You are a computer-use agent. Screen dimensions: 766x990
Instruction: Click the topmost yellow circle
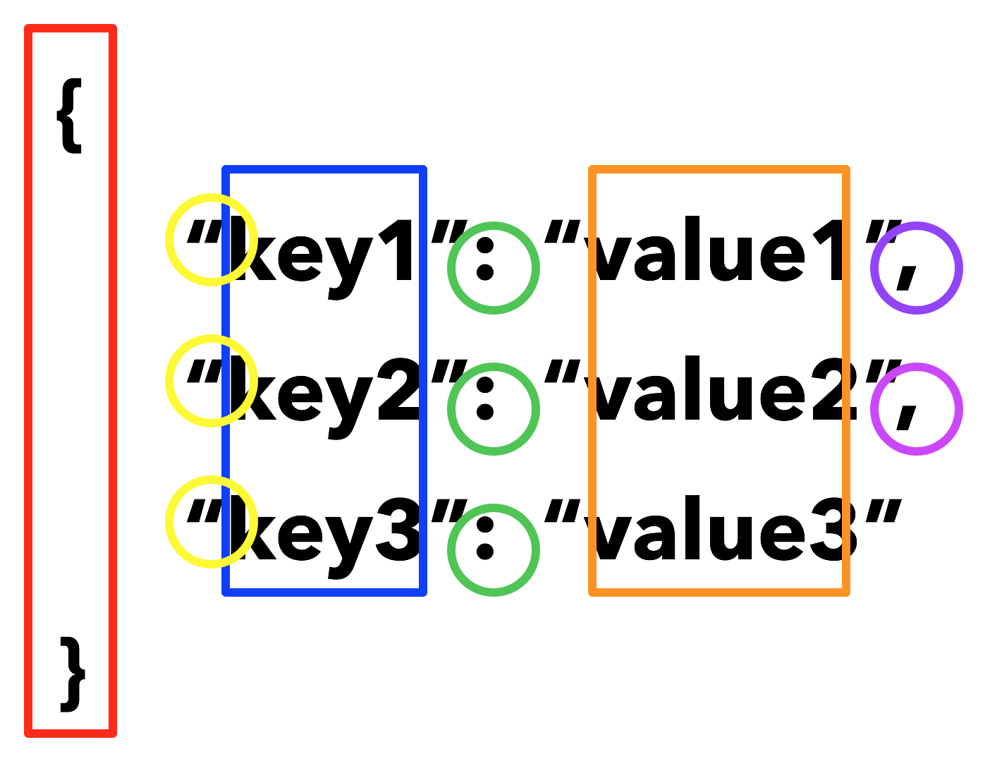click(212, 240)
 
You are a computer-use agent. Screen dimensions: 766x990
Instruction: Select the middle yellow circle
click(212, 381)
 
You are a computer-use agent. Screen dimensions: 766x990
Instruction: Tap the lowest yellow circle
click(212, 522)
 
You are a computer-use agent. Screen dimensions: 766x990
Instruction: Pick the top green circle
click(494, 268)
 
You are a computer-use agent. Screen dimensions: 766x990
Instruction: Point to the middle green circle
click(494, 409)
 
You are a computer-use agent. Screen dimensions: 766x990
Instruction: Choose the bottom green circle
click(494, 550)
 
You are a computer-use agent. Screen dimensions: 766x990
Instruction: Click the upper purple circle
click(917, 268)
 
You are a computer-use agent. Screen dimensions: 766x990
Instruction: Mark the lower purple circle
click(917, 409)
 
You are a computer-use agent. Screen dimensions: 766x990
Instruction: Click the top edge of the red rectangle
click(71, 28)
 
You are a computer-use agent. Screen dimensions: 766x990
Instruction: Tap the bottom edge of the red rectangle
click(71, 734)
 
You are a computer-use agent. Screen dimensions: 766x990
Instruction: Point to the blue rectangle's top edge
click(324, 169)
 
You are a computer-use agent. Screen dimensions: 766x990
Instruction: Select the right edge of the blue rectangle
click(423, 381)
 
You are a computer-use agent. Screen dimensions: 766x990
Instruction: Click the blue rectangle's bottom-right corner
click(423, 592)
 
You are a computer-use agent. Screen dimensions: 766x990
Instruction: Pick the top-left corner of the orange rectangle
click(592, 169)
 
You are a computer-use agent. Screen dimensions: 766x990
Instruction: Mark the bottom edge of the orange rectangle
click(719, 592)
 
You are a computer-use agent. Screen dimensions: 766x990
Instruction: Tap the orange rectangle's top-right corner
click(846, 169)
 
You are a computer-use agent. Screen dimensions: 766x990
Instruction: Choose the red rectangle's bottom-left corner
click(28, 734)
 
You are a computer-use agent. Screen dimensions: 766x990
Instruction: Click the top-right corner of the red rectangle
click(113, 28)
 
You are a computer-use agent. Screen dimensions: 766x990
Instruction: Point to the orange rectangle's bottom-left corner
click(592, 592)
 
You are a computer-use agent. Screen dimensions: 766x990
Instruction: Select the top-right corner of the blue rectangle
click(423, 169)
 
